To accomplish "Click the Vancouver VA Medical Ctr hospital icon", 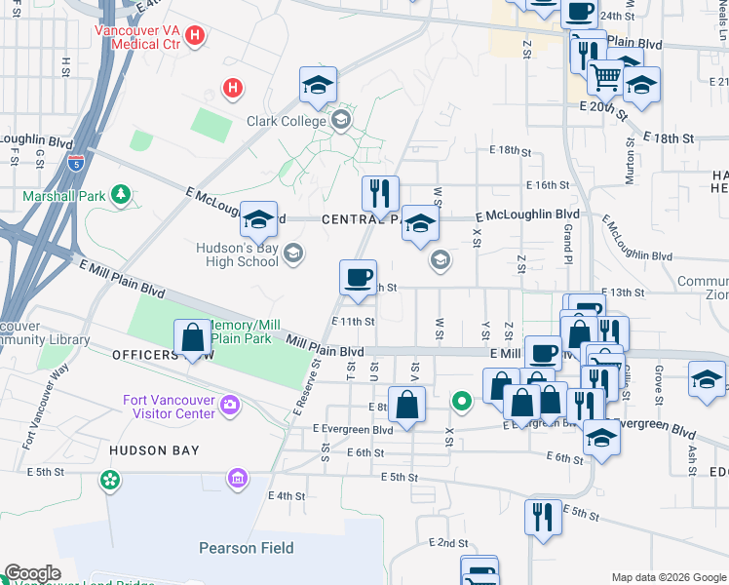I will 195,36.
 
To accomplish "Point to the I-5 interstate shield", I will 76,161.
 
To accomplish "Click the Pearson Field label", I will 247,548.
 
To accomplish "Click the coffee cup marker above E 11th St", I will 358,277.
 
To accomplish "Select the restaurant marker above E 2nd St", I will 542,515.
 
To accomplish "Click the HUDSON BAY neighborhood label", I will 154,450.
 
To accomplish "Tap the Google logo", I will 32,573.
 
